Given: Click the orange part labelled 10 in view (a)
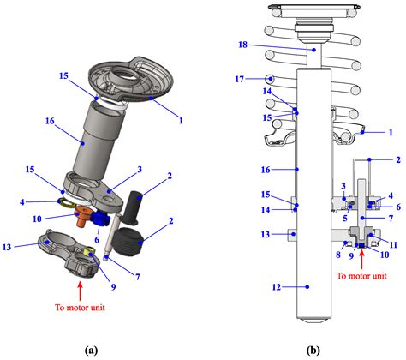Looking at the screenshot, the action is [82, 216].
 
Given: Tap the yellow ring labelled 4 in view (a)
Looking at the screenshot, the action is [65, 202].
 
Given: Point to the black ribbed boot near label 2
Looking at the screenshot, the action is [128, 242].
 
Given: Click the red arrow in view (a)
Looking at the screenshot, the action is [80, 291].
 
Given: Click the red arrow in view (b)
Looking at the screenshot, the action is [362, 259].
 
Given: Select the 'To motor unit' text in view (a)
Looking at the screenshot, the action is [80, 308].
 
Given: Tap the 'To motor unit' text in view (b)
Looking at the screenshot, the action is [361, 276].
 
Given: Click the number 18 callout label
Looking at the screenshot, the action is [243, 45].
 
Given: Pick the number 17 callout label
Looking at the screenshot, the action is [240, 79].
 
